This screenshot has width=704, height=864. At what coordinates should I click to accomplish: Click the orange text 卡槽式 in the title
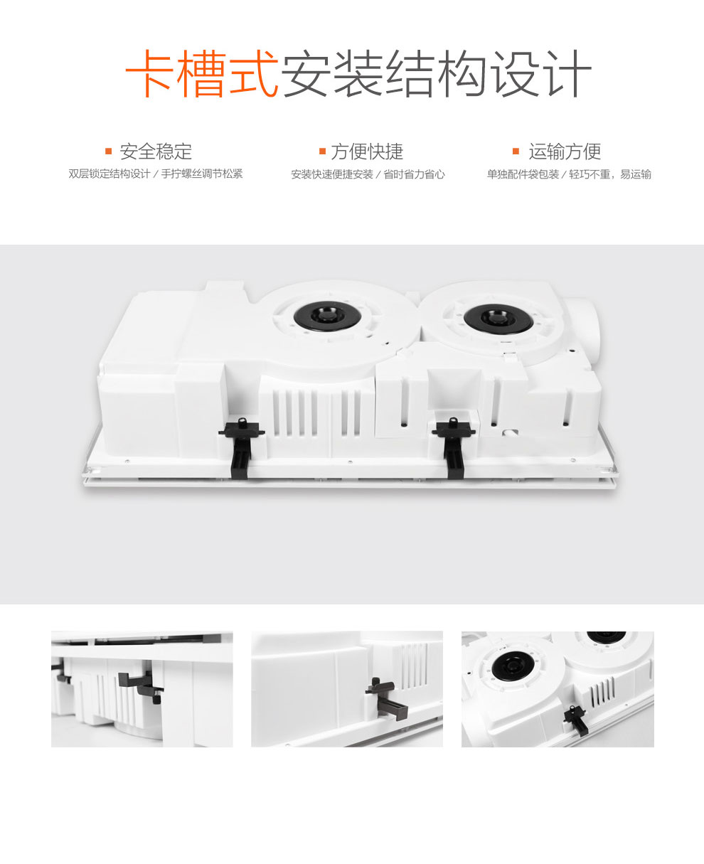click(202, 73)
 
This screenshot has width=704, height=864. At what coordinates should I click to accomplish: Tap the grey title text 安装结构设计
click(436, 73)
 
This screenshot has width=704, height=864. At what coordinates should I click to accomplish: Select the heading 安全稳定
click(156, 151)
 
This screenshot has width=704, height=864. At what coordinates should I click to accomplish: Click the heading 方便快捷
click(367, 151)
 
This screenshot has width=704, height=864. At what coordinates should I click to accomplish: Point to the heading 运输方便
click(565, 151)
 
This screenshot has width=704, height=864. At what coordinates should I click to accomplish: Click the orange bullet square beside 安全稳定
click(108, 151)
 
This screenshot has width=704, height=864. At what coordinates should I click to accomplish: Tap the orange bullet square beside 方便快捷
click(322, 151)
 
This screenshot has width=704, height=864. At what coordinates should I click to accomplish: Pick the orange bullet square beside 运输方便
click(516, 151)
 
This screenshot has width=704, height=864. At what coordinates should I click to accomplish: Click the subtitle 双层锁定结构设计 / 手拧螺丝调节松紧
click(155, 174)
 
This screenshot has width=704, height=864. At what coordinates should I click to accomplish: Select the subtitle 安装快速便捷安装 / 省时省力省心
click(368, 174)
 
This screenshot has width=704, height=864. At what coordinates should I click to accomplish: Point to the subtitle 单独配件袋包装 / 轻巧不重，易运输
click(569, 174)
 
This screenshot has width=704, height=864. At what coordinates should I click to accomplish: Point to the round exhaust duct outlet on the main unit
click(581, 329)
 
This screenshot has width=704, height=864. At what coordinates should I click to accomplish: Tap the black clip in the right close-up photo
click(576, 721)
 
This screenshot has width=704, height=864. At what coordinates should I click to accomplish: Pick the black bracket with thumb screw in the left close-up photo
click(141, 686)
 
